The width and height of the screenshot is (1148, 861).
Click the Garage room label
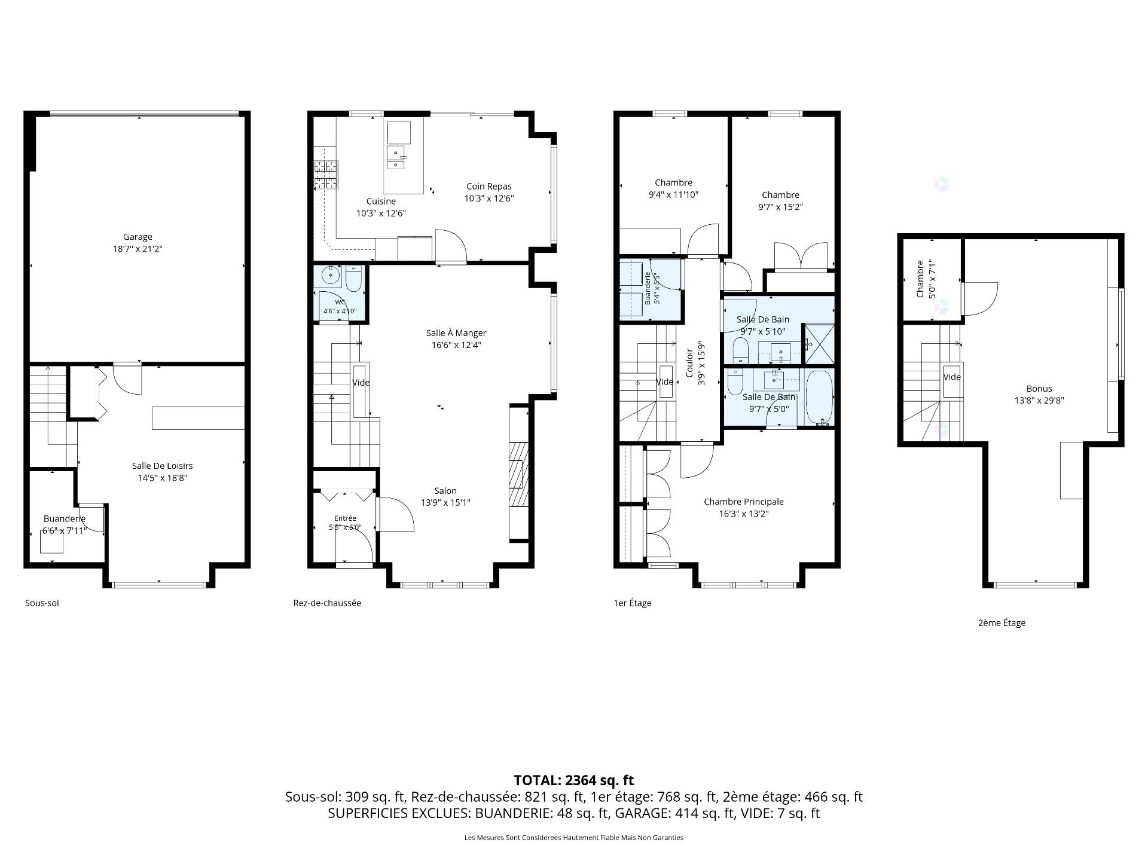(x=138, y=237)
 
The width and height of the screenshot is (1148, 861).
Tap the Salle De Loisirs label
(x=162, y=466)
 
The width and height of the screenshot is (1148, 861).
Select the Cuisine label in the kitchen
(x=381, y=201)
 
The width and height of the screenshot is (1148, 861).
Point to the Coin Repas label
(x=489, y=187)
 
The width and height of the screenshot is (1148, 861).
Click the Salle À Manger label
(x=456, y=333)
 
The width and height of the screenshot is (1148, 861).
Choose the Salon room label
(x=445, y=491)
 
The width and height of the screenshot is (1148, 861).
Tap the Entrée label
(x=345, y=518)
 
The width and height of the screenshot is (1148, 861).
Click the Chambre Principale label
(x=743, y=502)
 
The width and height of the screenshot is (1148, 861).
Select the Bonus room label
(x=1039, y=389)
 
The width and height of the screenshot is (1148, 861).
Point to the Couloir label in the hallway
(x=689, y=363)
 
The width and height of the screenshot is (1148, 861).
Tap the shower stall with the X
(x=819, y=344)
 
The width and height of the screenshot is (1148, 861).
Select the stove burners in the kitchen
(x=326, y=175)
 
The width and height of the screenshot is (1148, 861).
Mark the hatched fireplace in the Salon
(x=518, y=474)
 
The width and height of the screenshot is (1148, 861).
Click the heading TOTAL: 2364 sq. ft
(x=573, y=780)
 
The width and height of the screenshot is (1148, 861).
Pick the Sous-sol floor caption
(x=42, y=603)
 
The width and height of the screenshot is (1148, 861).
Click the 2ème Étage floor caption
(x=1002, y=623)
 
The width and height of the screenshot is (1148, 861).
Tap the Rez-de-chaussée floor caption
(x=327, y=603)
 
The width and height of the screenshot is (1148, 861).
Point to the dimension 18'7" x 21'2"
(x=138, y=249)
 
